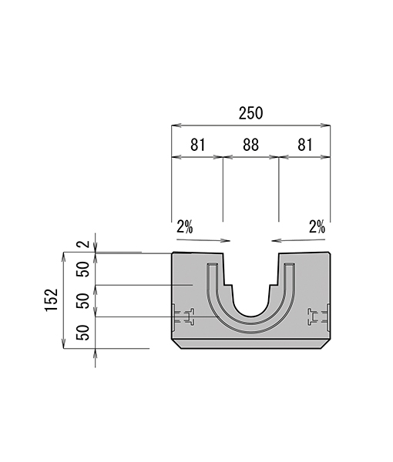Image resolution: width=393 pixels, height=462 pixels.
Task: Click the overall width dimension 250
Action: (250, 113)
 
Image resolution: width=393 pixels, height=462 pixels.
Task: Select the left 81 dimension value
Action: (197, 145)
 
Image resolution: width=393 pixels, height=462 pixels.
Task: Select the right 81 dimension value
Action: (304, 145)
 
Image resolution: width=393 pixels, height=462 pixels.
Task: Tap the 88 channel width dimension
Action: (251, 145)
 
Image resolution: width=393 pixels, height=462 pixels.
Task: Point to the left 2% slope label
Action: (185, 227)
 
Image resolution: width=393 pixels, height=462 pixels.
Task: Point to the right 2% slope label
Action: (317, 227)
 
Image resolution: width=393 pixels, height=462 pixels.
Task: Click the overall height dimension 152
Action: (51, 300)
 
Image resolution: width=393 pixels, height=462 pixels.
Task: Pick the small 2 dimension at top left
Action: (84, 244)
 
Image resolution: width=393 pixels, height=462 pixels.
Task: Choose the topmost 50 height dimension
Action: (83, 269)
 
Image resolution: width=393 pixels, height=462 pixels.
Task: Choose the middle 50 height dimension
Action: (83, 301)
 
